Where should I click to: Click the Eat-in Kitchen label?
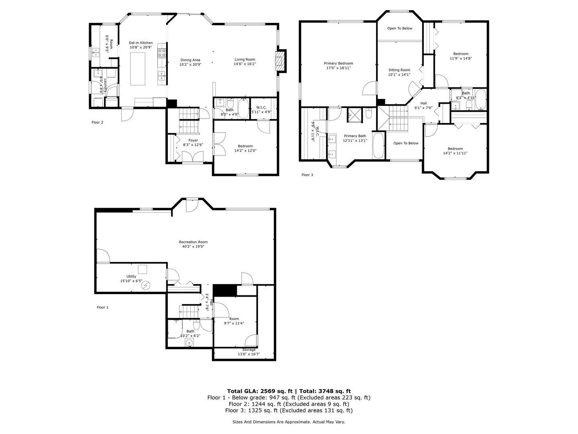click(140, 43)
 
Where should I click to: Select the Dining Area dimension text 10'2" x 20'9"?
click(190, 64)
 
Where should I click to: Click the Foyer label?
click(193, 140)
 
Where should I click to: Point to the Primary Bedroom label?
click(338, 63)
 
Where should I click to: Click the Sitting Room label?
click(399, 70)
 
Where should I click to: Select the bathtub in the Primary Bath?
click(379, 145)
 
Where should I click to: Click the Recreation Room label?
click(193, 242)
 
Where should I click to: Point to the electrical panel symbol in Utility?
click(146, 285)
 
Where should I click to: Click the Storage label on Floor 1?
click(249, 350)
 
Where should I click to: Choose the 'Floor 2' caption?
click(97, 122)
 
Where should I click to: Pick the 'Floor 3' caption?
click(307, 174)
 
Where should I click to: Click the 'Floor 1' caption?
click(102, 307)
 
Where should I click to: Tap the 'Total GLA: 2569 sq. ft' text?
click(260, 391)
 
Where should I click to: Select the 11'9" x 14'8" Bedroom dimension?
click(461, 58)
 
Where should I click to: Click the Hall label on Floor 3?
click(423, 103)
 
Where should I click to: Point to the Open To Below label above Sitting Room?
click(399, 28)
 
